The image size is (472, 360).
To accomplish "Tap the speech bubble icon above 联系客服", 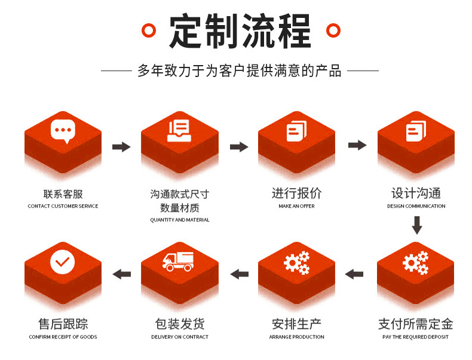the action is [63, 131].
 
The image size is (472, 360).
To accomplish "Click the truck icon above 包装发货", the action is [179, 261].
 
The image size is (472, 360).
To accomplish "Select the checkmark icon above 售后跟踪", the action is [63, 261].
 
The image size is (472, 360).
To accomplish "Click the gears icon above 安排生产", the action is [296, 262].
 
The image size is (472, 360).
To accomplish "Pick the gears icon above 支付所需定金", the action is [415, 262].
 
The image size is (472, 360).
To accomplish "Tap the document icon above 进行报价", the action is [296, 131].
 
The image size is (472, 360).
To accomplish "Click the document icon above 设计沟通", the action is [416, 131].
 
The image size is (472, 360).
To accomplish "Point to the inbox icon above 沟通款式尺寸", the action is [179, 131].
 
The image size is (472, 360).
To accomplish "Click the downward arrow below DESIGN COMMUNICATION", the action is [417, 225].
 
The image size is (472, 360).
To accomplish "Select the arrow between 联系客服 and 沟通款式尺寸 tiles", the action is [121, 146].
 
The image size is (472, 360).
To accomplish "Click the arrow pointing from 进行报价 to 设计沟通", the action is [357, 145].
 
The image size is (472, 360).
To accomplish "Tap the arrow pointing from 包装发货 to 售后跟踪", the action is [122, 274].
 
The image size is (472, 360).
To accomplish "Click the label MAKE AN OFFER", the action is [296, 206].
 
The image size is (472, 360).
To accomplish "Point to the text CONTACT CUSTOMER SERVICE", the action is [63, 206].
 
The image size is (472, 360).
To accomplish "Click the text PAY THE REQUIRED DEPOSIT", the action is [415, 337].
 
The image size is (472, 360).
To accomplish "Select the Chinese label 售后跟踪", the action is [63, 324].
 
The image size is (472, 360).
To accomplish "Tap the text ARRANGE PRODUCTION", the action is [296, 337].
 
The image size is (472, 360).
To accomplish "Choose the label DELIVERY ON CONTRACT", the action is [180, 337].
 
